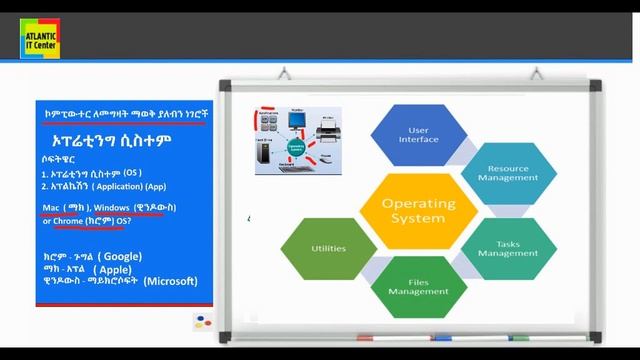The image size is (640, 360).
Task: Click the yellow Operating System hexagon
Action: [418, 211]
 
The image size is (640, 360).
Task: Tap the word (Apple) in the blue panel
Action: [113, 269]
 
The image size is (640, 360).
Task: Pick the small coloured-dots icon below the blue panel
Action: [203, 322]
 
